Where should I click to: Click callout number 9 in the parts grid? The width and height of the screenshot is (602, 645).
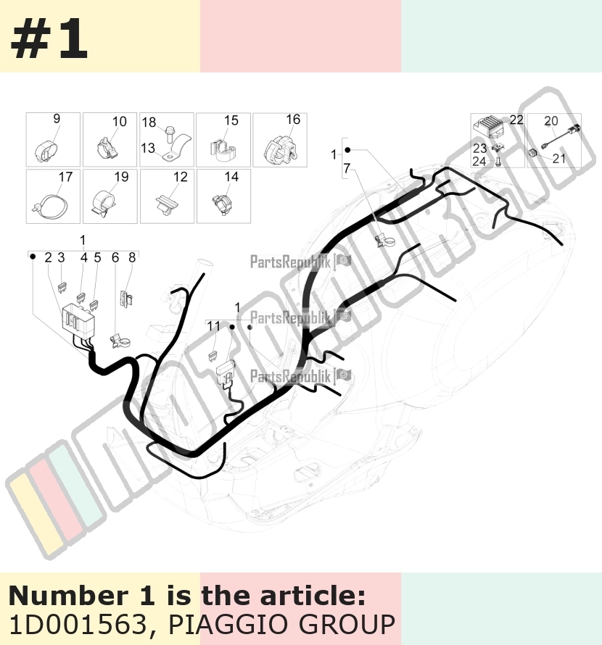(x=57, y=118)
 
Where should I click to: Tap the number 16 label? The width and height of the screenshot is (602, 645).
(x=293, y=120)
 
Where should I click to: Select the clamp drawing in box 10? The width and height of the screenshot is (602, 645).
(x=108, y=149)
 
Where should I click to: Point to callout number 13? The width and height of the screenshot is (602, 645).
(x=148, y=148)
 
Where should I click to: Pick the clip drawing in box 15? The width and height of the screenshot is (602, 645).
(x=223, y=150)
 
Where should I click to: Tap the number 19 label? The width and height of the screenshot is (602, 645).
(x=121, y=177)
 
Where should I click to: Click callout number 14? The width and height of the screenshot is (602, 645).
(x=231, y=177)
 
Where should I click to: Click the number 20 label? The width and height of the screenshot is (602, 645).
(x=551, y=121)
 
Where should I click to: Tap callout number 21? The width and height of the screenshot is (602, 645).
(x=558, y=159)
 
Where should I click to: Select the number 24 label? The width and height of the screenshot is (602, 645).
(x=479, y=161)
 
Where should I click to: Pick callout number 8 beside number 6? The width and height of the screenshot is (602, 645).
(x=132, y=257)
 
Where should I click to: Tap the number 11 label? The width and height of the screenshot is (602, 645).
(x=214, y=326)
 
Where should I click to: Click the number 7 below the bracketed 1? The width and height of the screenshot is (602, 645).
(x=347, y=168)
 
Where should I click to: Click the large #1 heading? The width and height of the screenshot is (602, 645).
(x=49, y=38)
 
